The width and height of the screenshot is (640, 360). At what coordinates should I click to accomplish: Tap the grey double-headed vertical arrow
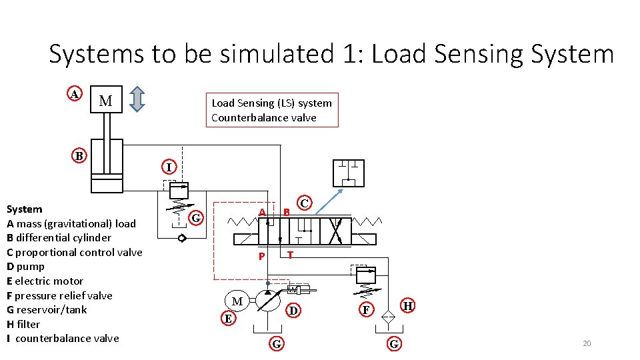pos(137,99)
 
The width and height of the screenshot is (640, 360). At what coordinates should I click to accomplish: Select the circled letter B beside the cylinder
pos(79,156)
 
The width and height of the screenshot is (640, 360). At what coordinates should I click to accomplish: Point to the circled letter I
pos(169,166)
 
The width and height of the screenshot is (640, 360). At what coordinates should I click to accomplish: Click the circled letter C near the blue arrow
pos(304,203)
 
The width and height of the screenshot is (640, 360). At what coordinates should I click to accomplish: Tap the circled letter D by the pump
pos(292,310)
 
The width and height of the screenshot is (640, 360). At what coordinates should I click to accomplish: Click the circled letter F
pos(365,310)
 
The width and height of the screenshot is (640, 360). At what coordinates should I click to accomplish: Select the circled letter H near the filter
pos(408,306)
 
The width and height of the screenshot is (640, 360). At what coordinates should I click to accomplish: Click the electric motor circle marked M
pos(237,301)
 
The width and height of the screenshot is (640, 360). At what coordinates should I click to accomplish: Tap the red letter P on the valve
pos(262,257)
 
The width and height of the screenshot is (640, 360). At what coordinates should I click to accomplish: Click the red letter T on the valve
pos(290,254)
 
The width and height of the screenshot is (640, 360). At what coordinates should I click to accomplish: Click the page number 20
pos(587,343)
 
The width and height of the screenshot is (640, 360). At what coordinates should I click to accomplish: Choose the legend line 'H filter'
pos(23,324)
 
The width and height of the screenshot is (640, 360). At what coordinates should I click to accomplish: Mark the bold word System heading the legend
pos(24,209)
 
